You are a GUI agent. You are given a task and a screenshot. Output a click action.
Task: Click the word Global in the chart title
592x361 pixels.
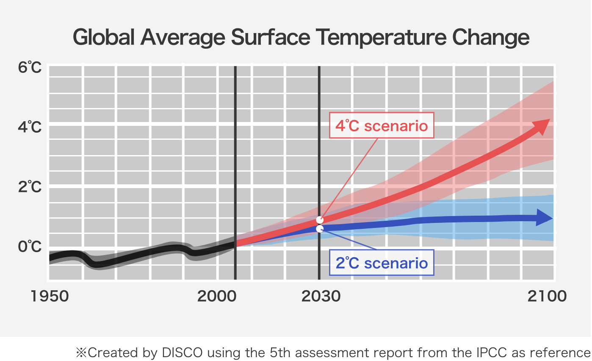coord(103,38)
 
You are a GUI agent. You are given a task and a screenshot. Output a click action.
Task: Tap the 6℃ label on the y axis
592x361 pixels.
coord(30,67)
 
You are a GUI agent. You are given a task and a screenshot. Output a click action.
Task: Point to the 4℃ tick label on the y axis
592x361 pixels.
coord(30,126)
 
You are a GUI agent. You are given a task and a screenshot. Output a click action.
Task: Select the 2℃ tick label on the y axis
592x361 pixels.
coord(30,186)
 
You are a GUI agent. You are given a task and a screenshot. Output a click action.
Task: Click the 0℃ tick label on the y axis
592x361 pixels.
coord(30,246)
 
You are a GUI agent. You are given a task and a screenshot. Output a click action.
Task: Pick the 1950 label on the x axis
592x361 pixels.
coord(50,296)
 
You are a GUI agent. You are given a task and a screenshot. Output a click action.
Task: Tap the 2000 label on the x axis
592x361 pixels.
coord(217,296)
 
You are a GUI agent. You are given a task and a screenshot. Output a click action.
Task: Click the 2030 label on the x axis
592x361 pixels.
coord(321,296)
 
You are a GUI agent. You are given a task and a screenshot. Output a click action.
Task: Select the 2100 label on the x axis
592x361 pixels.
coord(547,296)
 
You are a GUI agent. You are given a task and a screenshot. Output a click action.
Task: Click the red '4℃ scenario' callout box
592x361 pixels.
coord(382,125)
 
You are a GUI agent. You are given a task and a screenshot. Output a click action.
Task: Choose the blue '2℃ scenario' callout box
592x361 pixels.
coord(382,263)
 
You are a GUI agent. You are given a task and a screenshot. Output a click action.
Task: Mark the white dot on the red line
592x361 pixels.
coord(320,220)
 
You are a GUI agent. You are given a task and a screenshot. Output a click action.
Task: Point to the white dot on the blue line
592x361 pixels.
coord(320,229)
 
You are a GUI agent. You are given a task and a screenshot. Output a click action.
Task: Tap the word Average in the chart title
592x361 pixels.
coord(183,38)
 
